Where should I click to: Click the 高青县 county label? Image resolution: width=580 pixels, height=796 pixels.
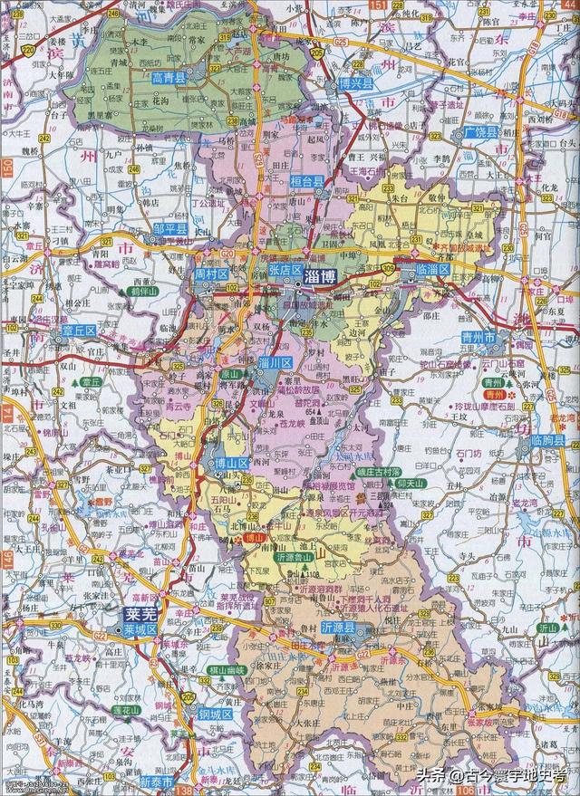click(x=168, y=79)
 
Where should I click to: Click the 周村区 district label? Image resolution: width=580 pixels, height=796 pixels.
click(x=209, y=273)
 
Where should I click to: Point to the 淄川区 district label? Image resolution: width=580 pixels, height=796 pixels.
click(x=275, y=362)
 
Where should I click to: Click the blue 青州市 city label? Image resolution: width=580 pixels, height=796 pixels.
click(x=501, y=339)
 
